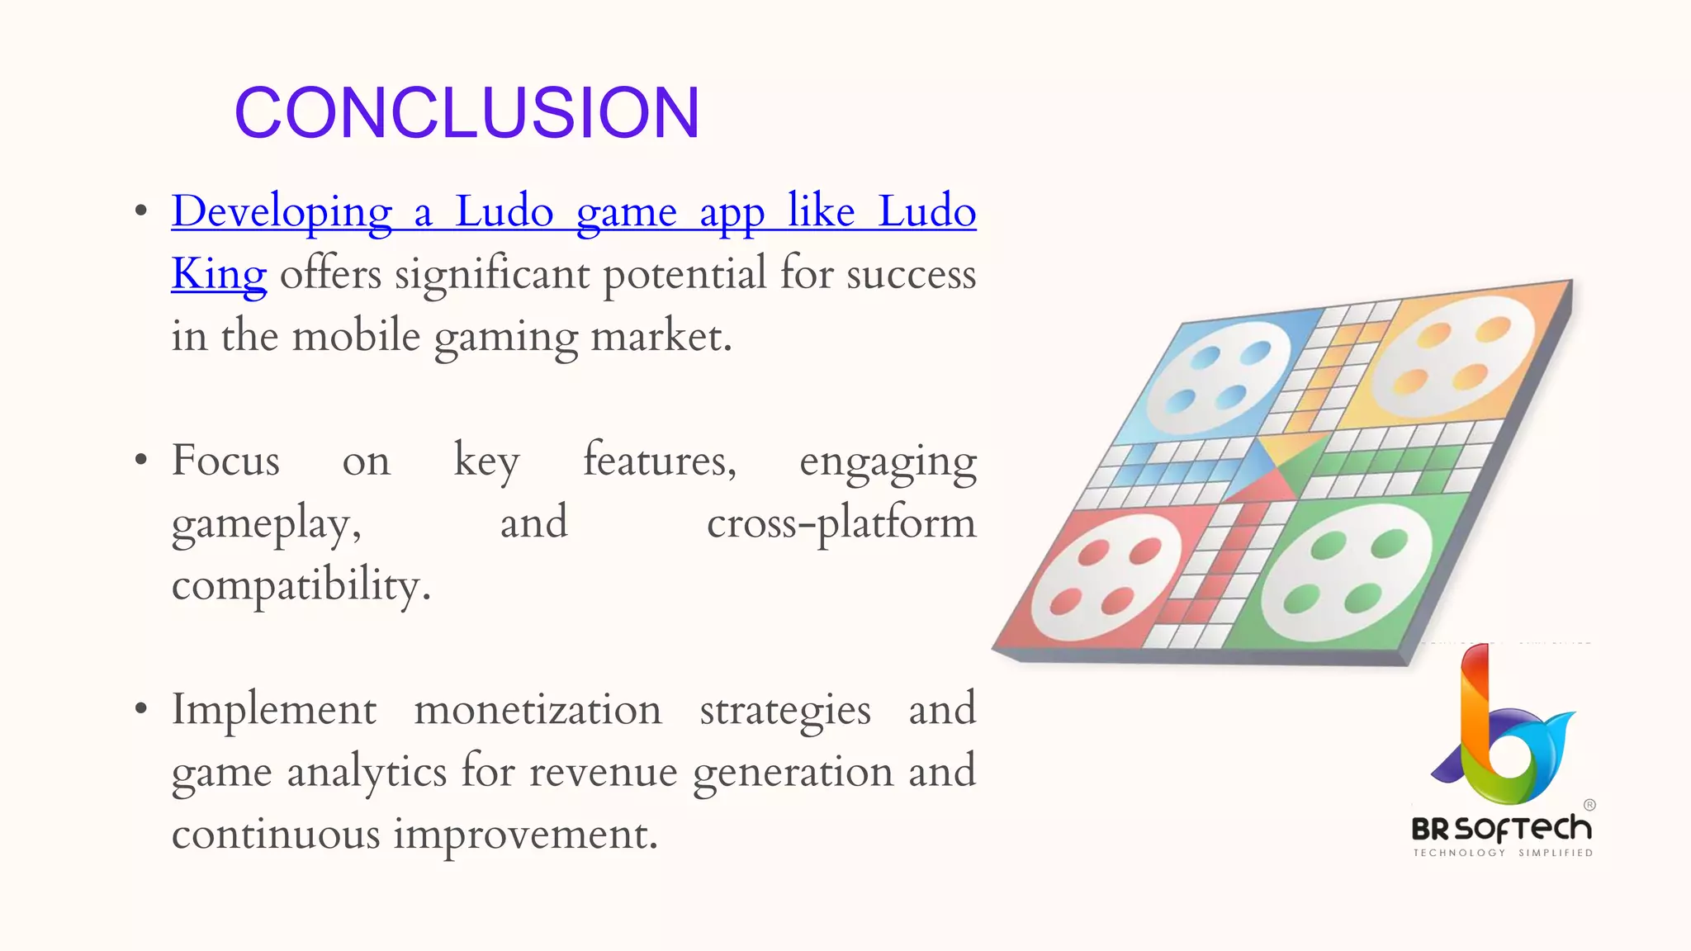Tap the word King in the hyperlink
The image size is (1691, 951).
(x=219, y=274)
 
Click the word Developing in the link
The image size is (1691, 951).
(x=282, y=212)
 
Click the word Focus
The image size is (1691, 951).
(x=225, y=461)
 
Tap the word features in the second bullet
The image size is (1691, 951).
(x=660, y=461)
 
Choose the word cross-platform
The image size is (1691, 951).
(x=841, y=523)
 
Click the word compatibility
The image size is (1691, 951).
(x=301, y=585)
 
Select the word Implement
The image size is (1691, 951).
(x=274, y=710)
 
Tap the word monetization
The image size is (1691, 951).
(x=538, y=710)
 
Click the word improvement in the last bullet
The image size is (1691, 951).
(x=525, y=834)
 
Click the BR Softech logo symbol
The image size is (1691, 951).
(x=1501, y=726)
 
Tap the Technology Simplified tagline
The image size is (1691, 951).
(x=1503, y=853)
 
